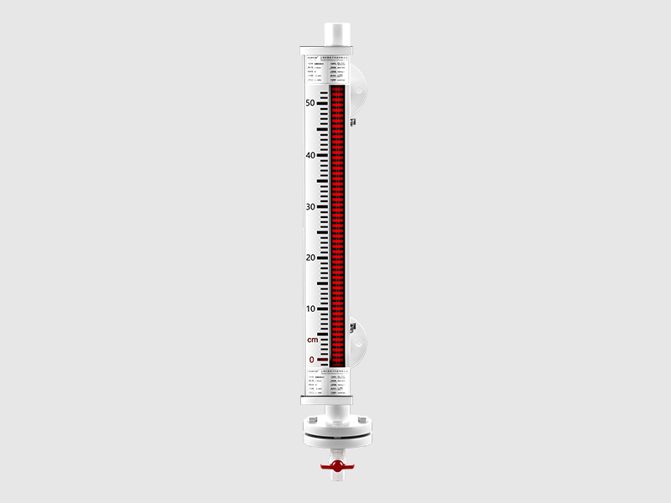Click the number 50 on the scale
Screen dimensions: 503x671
pyautogui.click(x=310, y=103)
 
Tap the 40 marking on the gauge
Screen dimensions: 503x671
pyautogui.click(x=310, y=155)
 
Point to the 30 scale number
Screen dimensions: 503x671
pyautogui.click(x=310, y=206)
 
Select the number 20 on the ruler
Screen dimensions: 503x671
pyautogui.click(x=310, y=257)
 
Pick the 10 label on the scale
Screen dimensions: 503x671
pyautogui.click(x=310, y=309)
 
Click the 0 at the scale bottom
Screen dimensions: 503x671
pyautogui.click(x=312, y=360)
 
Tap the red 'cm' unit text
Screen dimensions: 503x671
pyautogui.click(x=312, y=340)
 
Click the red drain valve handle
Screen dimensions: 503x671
pyautogui.click(x=335, y=464)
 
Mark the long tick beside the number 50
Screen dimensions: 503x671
pyautogui.click(x=323, y=103)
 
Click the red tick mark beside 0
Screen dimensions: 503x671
pyautogui.click(x=323, y=360)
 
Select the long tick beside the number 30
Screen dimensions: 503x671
pyautogui.click(x=323, y=206)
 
